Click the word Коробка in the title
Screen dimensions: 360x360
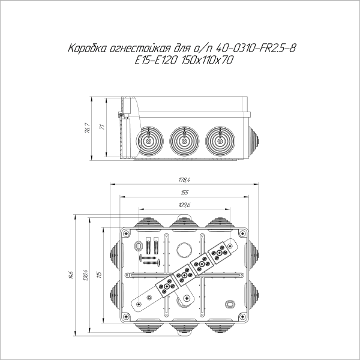(87, 49)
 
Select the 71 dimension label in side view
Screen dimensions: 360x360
(102, 128)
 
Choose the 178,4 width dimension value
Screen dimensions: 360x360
(184, 180)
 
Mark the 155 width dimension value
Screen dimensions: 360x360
(184, 193)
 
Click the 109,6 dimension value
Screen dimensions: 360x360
(184, 205)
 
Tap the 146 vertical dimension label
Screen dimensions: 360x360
(71, 275)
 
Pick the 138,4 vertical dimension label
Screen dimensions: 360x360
(86, 275)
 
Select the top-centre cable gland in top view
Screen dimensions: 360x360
(184, 223)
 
